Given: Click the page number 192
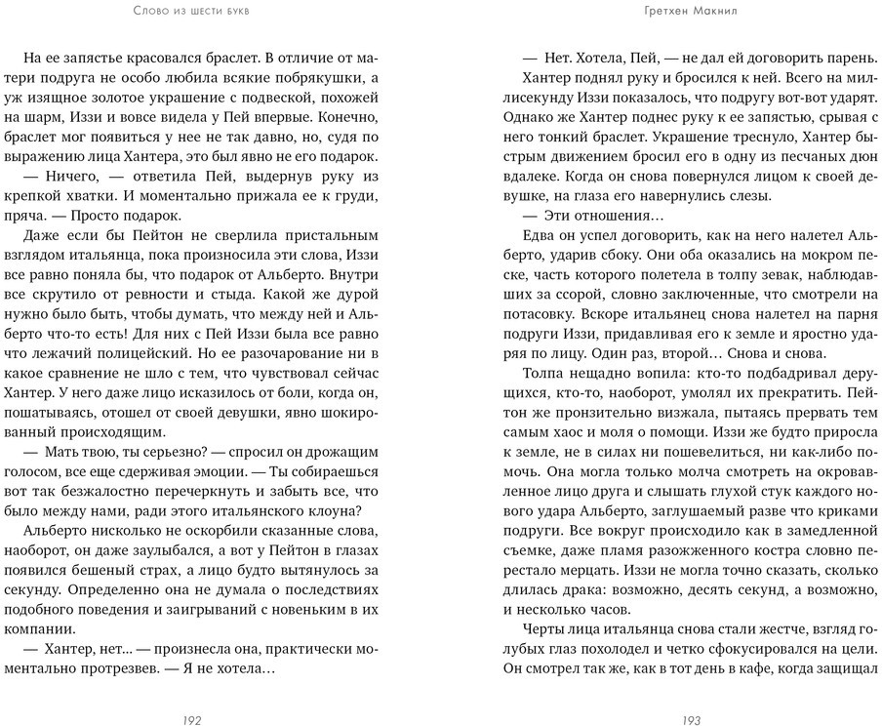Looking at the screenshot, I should point(191,720).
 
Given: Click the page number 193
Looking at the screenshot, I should point(692,720).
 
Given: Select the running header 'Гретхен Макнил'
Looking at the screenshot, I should point(691,11).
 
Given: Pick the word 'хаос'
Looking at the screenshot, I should point(576,427).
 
